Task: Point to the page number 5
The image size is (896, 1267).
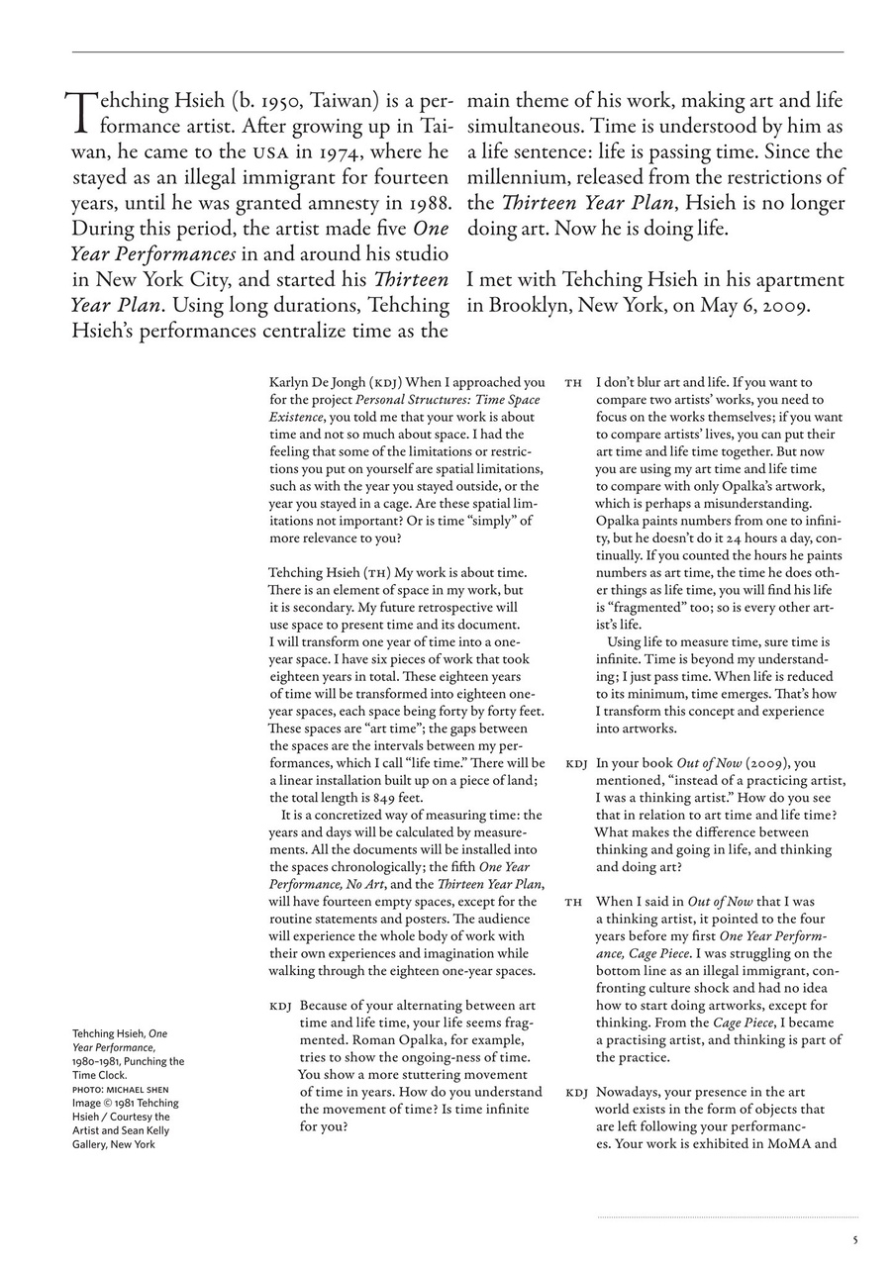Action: click(855, 1238)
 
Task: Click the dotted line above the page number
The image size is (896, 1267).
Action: click(727, 1217)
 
